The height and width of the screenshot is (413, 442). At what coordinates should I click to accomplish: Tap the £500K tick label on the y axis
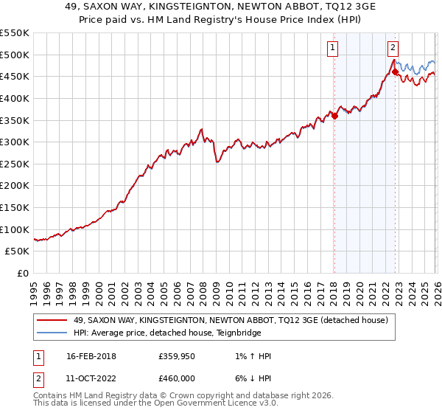pyautogui.click(x=15, y=55)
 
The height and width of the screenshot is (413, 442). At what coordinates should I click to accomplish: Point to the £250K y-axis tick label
pyautogui.click(x=15, y=164)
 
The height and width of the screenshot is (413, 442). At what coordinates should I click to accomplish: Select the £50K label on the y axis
pyautogui.click(x=18, y=251)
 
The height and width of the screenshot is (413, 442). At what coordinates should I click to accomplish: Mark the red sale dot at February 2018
pyautogui.click(x=334, y=115)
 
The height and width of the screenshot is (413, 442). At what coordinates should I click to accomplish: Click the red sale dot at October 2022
pyautogui.click(x=396, y=72)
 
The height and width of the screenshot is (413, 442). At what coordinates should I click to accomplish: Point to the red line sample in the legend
pyautogui.click(x=52, y=319)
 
